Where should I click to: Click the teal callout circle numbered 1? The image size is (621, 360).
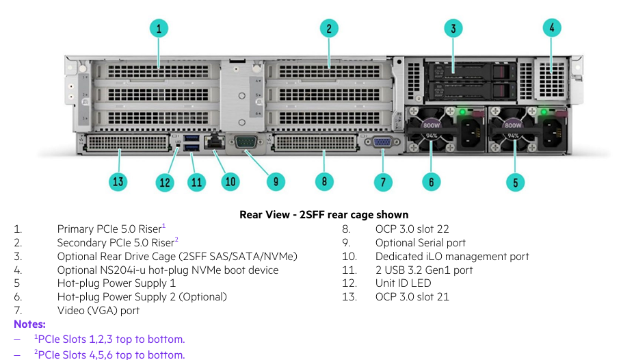click(159, 28)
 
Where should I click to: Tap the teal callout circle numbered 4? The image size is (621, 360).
click(551, 28)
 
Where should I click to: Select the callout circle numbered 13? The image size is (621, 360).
click(118, 181)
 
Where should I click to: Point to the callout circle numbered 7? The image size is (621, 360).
click(383, 181)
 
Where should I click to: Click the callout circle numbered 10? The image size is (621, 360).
click(230, 181)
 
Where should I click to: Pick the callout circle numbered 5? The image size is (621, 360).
click(515, 181)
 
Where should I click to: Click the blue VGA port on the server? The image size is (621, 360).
click(382, 142)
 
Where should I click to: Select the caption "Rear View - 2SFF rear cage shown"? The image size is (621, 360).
click(324, 215)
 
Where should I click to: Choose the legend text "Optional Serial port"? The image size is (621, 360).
click(420, 242)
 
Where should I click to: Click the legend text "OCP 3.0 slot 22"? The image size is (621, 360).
click(412, 229)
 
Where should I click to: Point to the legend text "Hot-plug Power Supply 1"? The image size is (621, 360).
click(116, 283)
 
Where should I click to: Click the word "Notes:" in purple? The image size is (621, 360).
click(29, 324)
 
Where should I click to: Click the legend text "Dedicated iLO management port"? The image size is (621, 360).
click(452, 256)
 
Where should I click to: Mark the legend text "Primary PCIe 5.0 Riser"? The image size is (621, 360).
click(109, 229)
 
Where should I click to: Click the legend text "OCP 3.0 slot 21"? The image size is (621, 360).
click(412, 297)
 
